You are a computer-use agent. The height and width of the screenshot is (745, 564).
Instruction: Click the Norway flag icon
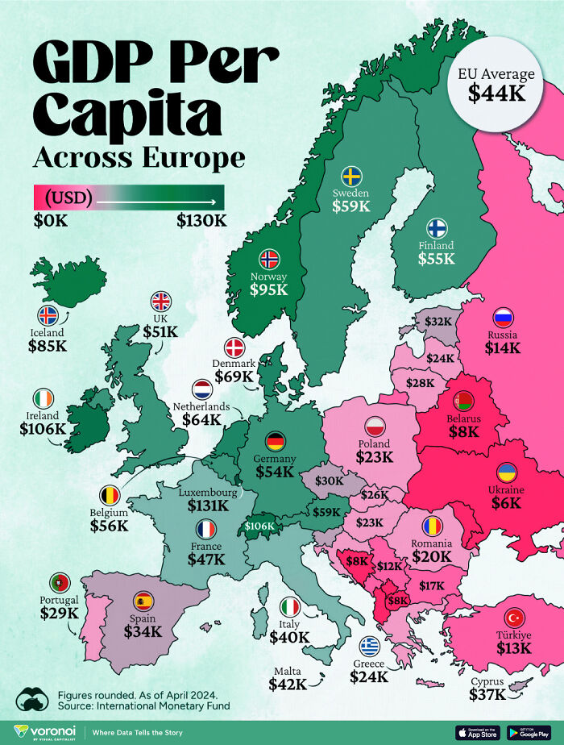click(x=269, y=259)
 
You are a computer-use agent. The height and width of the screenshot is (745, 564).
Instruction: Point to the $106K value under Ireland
click(x=43, y=429)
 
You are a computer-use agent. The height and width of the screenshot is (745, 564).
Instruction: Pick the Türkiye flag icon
click(x=513, y=618)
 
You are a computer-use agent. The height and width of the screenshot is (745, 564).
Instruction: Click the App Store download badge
click(x=478, y=732)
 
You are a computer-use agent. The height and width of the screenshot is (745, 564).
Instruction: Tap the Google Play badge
click(x=529, y=732)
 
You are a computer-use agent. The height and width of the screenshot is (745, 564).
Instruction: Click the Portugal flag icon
click(x=59, y=582)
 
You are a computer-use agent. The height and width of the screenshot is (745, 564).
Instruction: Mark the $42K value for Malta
click(x=288, y=684)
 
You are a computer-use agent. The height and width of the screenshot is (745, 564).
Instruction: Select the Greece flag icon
click(x=370, y=646)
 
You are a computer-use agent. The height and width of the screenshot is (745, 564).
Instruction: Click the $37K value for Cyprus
click(x=488, y=694)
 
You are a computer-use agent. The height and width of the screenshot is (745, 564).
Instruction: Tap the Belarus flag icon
click(x=463, y=400)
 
